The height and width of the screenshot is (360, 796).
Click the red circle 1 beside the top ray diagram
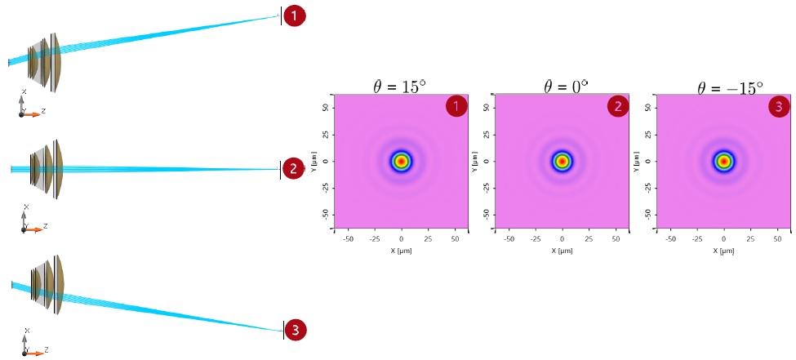[295, 16]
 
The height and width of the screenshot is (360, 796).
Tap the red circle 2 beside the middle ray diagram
[293, 169]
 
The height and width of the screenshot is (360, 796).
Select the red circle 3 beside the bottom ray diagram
[296, 331]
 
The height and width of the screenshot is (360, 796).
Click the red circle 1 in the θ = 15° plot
[456, 107]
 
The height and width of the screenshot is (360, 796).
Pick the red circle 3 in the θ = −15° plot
[779, 107]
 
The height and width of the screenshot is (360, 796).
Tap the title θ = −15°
[731, 87]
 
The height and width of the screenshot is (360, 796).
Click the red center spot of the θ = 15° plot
[402, 162]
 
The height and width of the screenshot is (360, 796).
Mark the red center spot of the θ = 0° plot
[562, 162]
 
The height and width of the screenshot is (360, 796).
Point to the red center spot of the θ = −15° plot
[724, 162]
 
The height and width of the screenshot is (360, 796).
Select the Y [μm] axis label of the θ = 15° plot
[315, 162]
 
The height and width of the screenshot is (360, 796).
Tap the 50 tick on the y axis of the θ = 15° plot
[326, 108]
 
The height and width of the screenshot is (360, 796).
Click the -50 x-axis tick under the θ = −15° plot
[670, 238]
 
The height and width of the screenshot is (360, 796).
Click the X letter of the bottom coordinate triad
[27, 331]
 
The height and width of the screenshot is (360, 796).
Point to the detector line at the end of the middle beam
[280, 170]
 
